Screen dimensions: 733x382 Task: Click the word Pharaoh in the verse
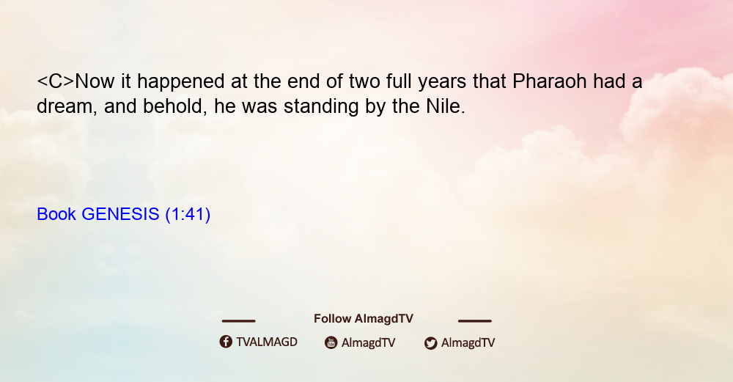[549, 81]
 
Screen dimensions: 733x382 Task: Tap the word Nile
[446, 106]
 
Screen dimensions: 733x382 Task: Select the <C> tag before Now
[56, 81]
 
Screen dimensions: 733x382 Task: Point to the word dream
[67, 106]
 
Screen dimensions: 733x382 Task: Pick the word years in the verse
[442, 82]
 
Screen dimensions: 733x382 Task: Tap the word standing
[321, 107]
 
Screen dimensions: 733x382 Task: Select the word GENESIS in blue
[121, 214]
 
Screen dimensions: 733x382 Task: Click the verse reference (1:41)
[188, 214]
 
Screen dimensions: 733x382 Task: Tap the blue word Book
[56, 214]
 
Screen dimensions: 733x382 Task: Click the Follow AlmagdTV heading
[364, 318]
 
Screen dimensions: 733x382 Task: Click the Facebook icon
[226, 342]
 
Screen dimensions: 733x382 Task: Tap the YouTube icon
[331, 342]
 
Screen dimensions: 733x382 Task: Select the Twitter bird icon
[430, 343]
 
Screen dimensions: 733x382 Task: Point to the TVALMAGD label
[267, 342]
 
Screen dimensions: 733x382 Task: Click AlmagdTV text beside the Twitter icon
[468, 342]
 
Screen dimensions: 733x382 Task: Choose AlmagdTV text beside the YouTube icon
[369, 342]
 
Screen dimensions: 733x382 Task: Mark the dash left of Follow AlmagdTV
[238, 320]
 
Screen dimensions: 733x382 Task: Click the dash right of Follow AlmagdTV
[475, 320]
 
